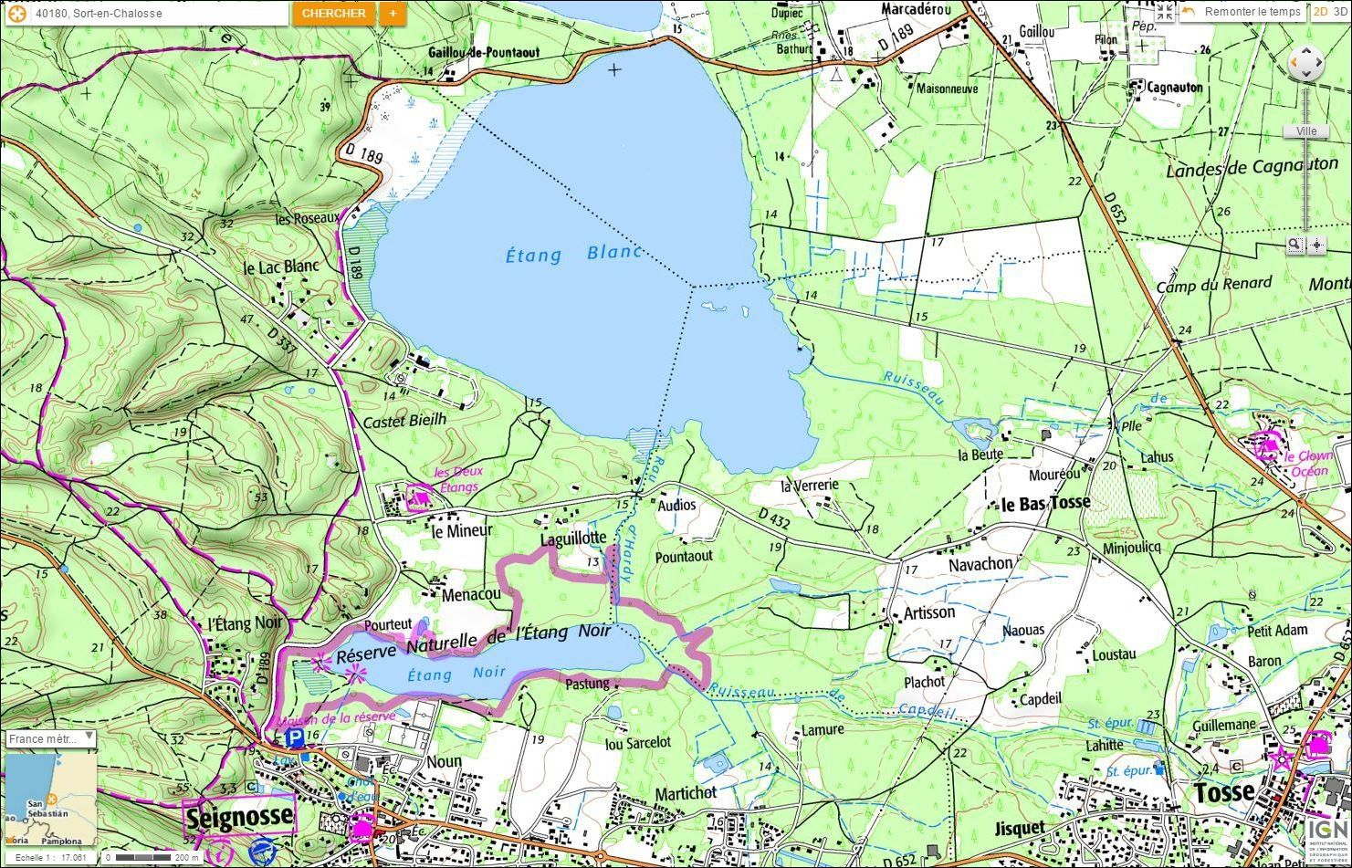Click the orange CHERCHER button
point(333,14)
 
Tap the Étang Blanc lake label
point(573,254)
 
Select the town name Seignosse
point(240,815)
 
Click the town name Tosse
point(1224,792)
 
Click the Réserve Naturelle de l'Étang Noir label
point(473,642)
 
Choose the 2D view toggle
point(1320,12)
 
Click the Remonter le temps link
point(1252,12)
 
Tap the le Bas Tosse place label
point(1045,504)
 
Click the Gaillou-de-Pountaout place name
point(483,53)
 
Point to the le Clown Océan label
point(1309,464)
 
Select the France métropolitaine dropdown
point(51,738)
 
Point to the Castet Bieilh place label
point(404,421)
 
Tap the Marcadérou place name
point(916,9)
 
